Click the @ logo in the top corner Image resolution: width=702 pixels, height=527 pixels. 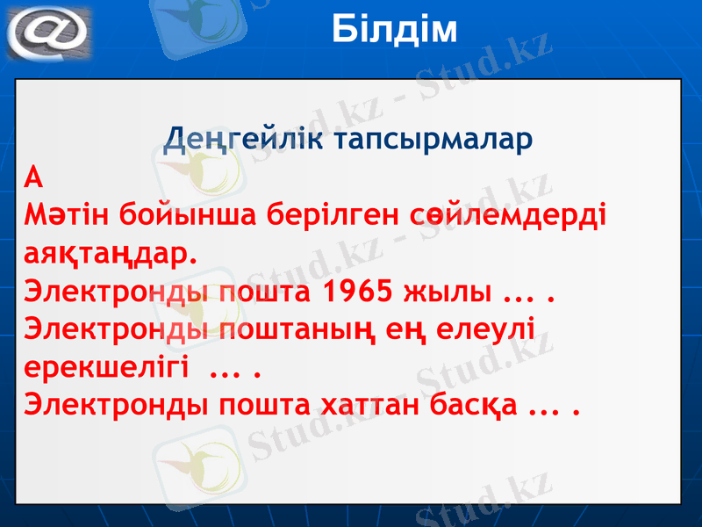point(49,32)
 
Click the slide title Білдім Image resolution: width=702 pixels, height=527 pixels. point(396,30)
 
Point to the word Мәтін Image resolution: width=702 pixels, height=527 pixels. point(65,216)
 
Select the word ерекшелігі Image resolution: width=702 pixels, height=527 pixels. point(105,368)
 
